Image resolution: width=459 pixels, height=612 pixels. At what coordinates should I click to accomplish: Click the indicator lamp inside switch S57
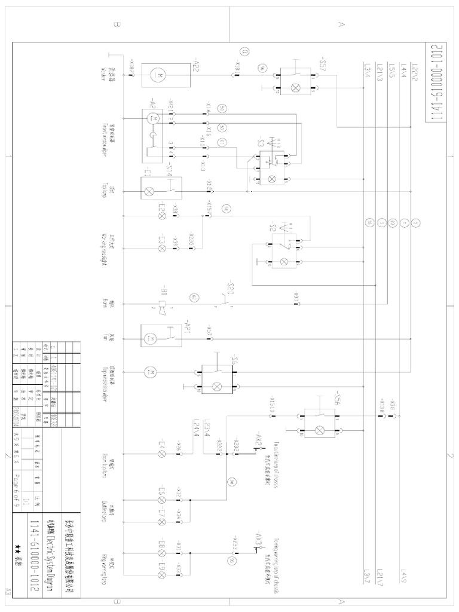pyautogui.click(x=295, y=87)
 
